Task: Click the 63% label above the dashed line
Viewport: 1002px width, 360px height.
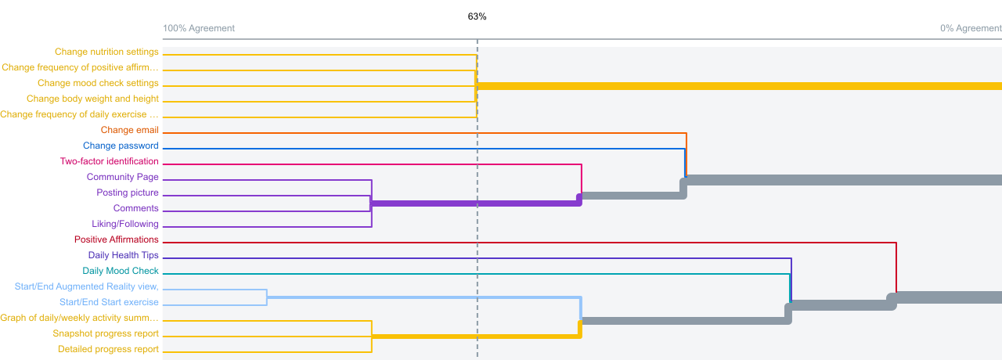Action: [477, 16]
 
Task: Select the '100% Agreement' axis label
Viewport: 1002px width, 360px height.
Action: [199, 28]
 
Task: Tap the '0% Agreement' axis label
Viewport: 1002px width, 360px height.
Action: [971, 28]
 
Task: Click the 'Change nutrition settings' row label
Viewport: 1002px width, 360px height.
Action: [106, 52]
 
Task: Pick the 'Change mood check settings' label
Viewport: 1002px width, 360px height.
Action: [98, 83]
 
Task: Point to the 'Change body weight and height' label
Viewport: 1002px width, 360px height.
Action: [92, 99]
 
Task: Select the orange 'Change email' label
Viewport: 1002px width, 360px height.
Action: [129, 130]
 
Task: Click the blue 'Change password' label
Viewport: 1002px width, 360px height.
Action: [121, 146]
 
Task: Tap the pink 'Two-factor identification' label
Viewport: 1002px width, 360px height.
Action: [109, 161]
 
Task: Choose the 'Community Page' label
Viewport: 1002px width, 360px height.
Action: [123, 177]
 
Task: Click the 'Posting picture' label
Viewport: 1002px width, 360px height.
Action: [128, 193]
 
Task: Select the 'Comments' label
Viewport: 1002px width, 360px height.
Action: [135, 208]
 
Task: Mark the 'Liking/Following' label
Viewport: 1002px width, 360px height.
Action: [124, 224]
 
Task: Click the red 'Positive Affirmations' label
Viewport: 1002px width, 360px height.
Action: [117, 239]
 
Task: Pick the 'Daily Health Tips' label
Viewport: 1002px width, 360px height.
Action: [123, 255]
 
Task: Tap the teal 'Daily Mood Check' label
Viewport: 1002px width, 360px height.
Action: [121, 271]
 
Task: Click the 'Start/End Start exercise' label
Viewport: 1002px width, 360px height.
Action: [109, 302]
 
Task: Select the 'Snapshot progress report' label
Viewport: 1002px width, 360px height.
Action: [106, 333]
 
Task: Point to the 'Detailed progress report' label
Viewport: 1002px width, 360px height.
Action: [108, 349]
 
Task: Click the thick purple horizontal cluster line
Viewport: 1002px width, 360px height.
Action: [475, 203]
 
